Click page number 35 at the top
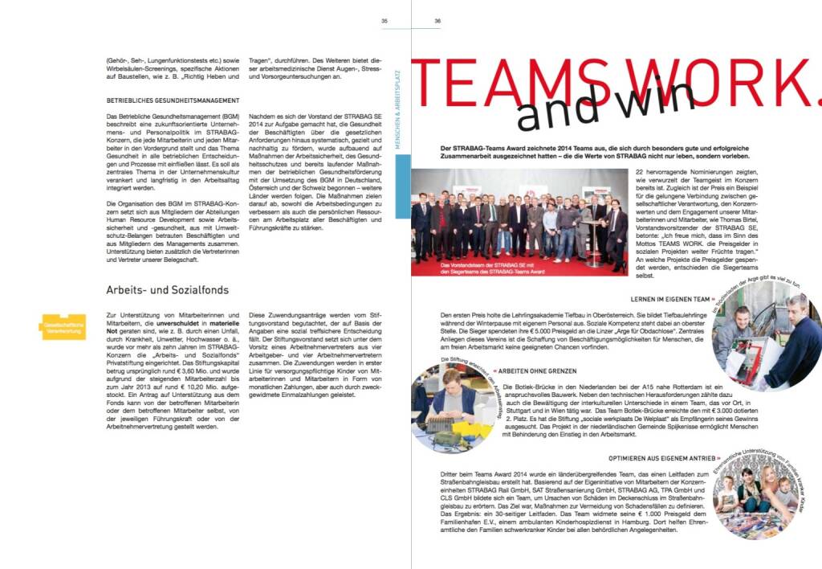point(385,22)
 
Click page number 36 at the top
point(437,22)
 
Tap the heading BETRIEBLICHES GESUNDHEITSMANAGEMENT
point(173,100)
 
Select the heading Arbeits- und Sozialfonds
point(168,289)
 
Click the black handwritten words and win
point(606,108)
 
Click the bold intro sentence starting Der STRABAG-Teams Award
point(616,151)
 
